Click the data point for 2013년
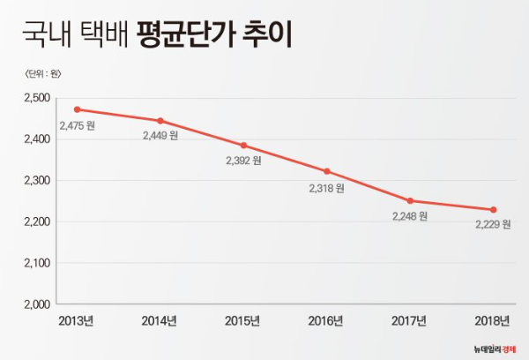coord(77,109)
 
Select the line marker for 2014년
coord(160,120)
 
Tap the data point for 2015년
coord(243,146)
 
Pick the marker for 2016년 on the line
coord(327,171)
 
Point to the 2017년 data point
coord(410,201)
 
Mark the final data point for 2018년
coord(493,209)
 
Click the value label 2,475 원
coord(77,125)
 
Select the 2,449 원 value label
coord(160,136)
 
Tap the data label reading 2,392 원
coord(243,161)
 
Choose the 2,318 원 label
coord(327,188)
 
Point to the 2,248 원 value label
coord(410,217)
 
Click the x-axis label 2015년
coord(243,320)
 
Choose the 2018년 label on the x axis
coord(492,320)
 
